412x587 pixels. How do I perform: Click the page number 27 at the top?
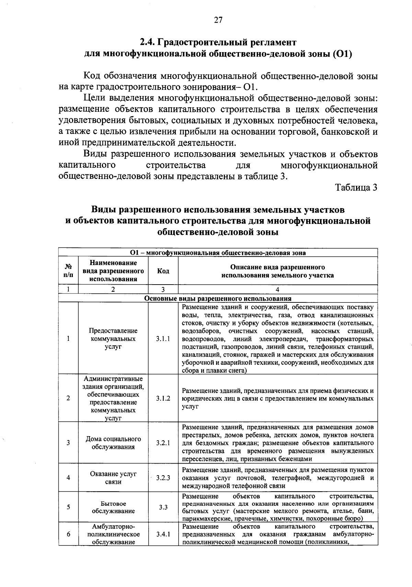[x=218, y=20]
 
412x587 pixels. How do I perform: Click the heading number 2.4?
[x=148, y=43]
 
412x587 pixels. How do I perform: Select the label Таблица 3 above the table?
[x=356, y=188]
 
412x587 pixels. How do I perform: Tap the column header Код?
[x=163, y=271]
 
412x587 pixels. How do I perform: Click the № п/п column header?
[x=68, y=271]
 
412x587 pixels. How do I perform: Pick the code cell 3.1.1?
[x=163, y=339]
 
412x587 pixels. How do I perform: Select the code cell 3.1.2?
[x=163, y=398]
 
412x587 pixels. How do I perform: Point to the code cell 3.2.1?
[x=163, y=443]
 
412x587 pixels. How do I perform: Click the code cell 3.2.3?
[x=163, y=478]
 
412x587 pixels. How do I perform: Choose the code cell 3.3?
[x=163, y=507]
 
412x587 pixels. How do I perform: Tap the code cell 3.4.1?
[x=163, y=534]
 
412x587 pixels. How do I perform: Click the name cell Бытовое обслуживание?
[x=113, y=507]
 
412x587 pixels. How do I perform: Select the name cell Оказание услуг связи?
[x=113, y=478]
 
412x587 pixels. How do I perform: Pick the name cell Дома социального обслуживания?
[x=113, y=443]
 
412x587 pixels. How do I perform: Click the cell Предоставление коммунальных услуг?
[x=113, y=339]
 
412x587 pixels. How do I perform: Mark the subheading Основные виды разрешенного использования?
[x=218, y=299]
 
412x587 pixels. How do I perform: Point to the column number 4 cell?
[x=277, y=289]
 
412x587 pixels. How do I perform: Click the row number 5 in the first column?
[x=68, y=507]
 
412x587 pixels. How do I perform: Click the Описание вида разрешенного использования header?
[x=277, y=271]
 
